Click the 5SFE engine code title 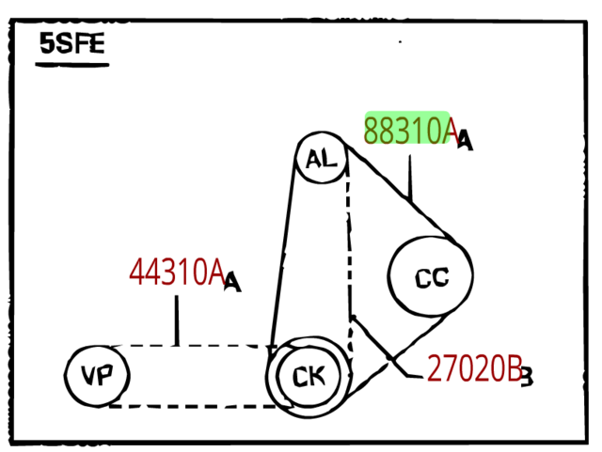pyautogui.click(x=71, y=44)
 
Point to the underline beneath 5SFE pyautogui.click(x=72, y=65)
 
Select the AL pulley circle pyautogui.click(x=322, y=160)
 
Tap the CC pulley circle pyautogui.click(x=431, y=276)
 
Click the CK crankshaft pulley pyautogui.click(x=308, y=376)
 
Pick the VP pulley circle pyautogui.click(x=97, y=376)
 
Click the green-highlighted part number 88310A pyautogui.click(x=410, y=132)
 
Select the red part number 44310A pyautogui.click(x=176, y=273)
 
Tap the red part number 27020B pyautogui.click(x=473, y=369)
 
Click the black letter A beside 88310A pyautogui.click(x=465, y=141)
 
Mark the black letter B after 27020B pyautogui.click(x=527, y=378)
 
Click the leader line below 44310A pyautogui.click(x=177, y=320)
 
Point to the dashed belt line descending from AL pyautogui.click(x=349, y=244)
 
